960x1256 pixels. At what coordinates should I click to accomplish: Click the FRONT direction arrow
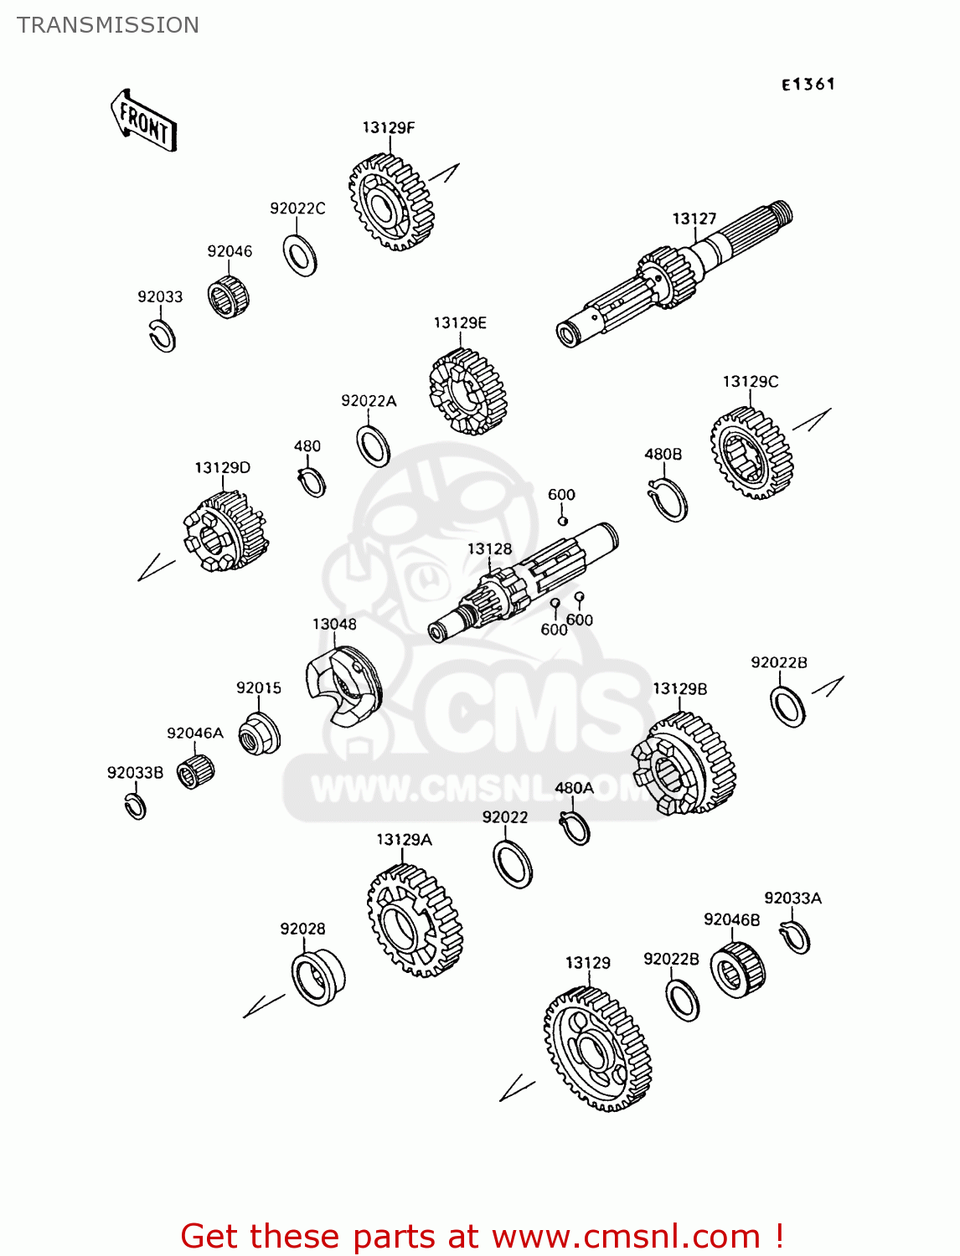click(143, 121)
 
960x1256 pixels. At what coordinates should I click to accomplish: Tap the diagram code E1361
click(808, 85)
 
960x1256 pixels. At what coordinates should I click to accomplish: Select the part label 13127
click(694, 219)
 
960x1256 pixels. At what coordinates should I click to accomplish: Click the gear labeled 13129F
click(391, 202)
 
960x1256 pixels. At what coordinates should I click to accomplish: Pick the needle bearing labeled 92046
click(228, 296)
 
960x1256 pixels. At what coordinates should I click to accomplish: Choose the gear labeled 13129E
click(467, 392)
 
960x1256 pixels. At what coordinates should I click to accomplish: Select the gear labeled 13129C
click(751, 453)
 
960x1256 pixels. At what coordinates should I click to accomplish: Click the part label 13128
click(489, 548)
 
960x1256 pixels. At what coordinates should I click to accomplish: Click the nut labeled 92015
click(260, 734)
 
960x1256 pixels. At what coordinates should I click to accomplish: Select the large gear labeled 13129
click(597, 1049)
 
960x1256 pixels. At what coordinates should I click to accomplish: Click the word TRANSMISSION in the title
click(107, 24)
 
